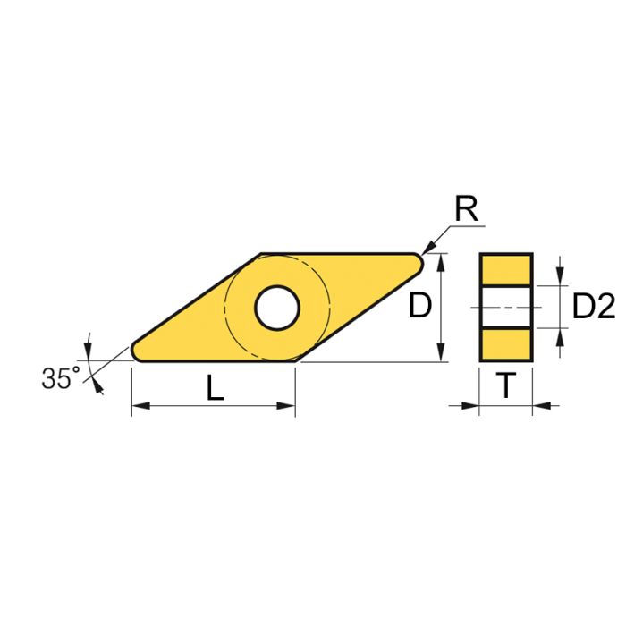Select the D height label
420,307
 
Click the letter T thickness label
506,386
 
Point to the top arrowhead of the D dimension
442,260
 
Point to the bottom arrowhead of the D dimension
442,355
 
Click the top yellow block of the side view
506,269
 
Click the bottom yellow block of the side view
506,344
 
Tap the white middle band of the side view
506,307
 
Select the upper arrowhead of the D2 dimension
561,278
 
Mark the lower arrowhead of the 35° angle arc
96,387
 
